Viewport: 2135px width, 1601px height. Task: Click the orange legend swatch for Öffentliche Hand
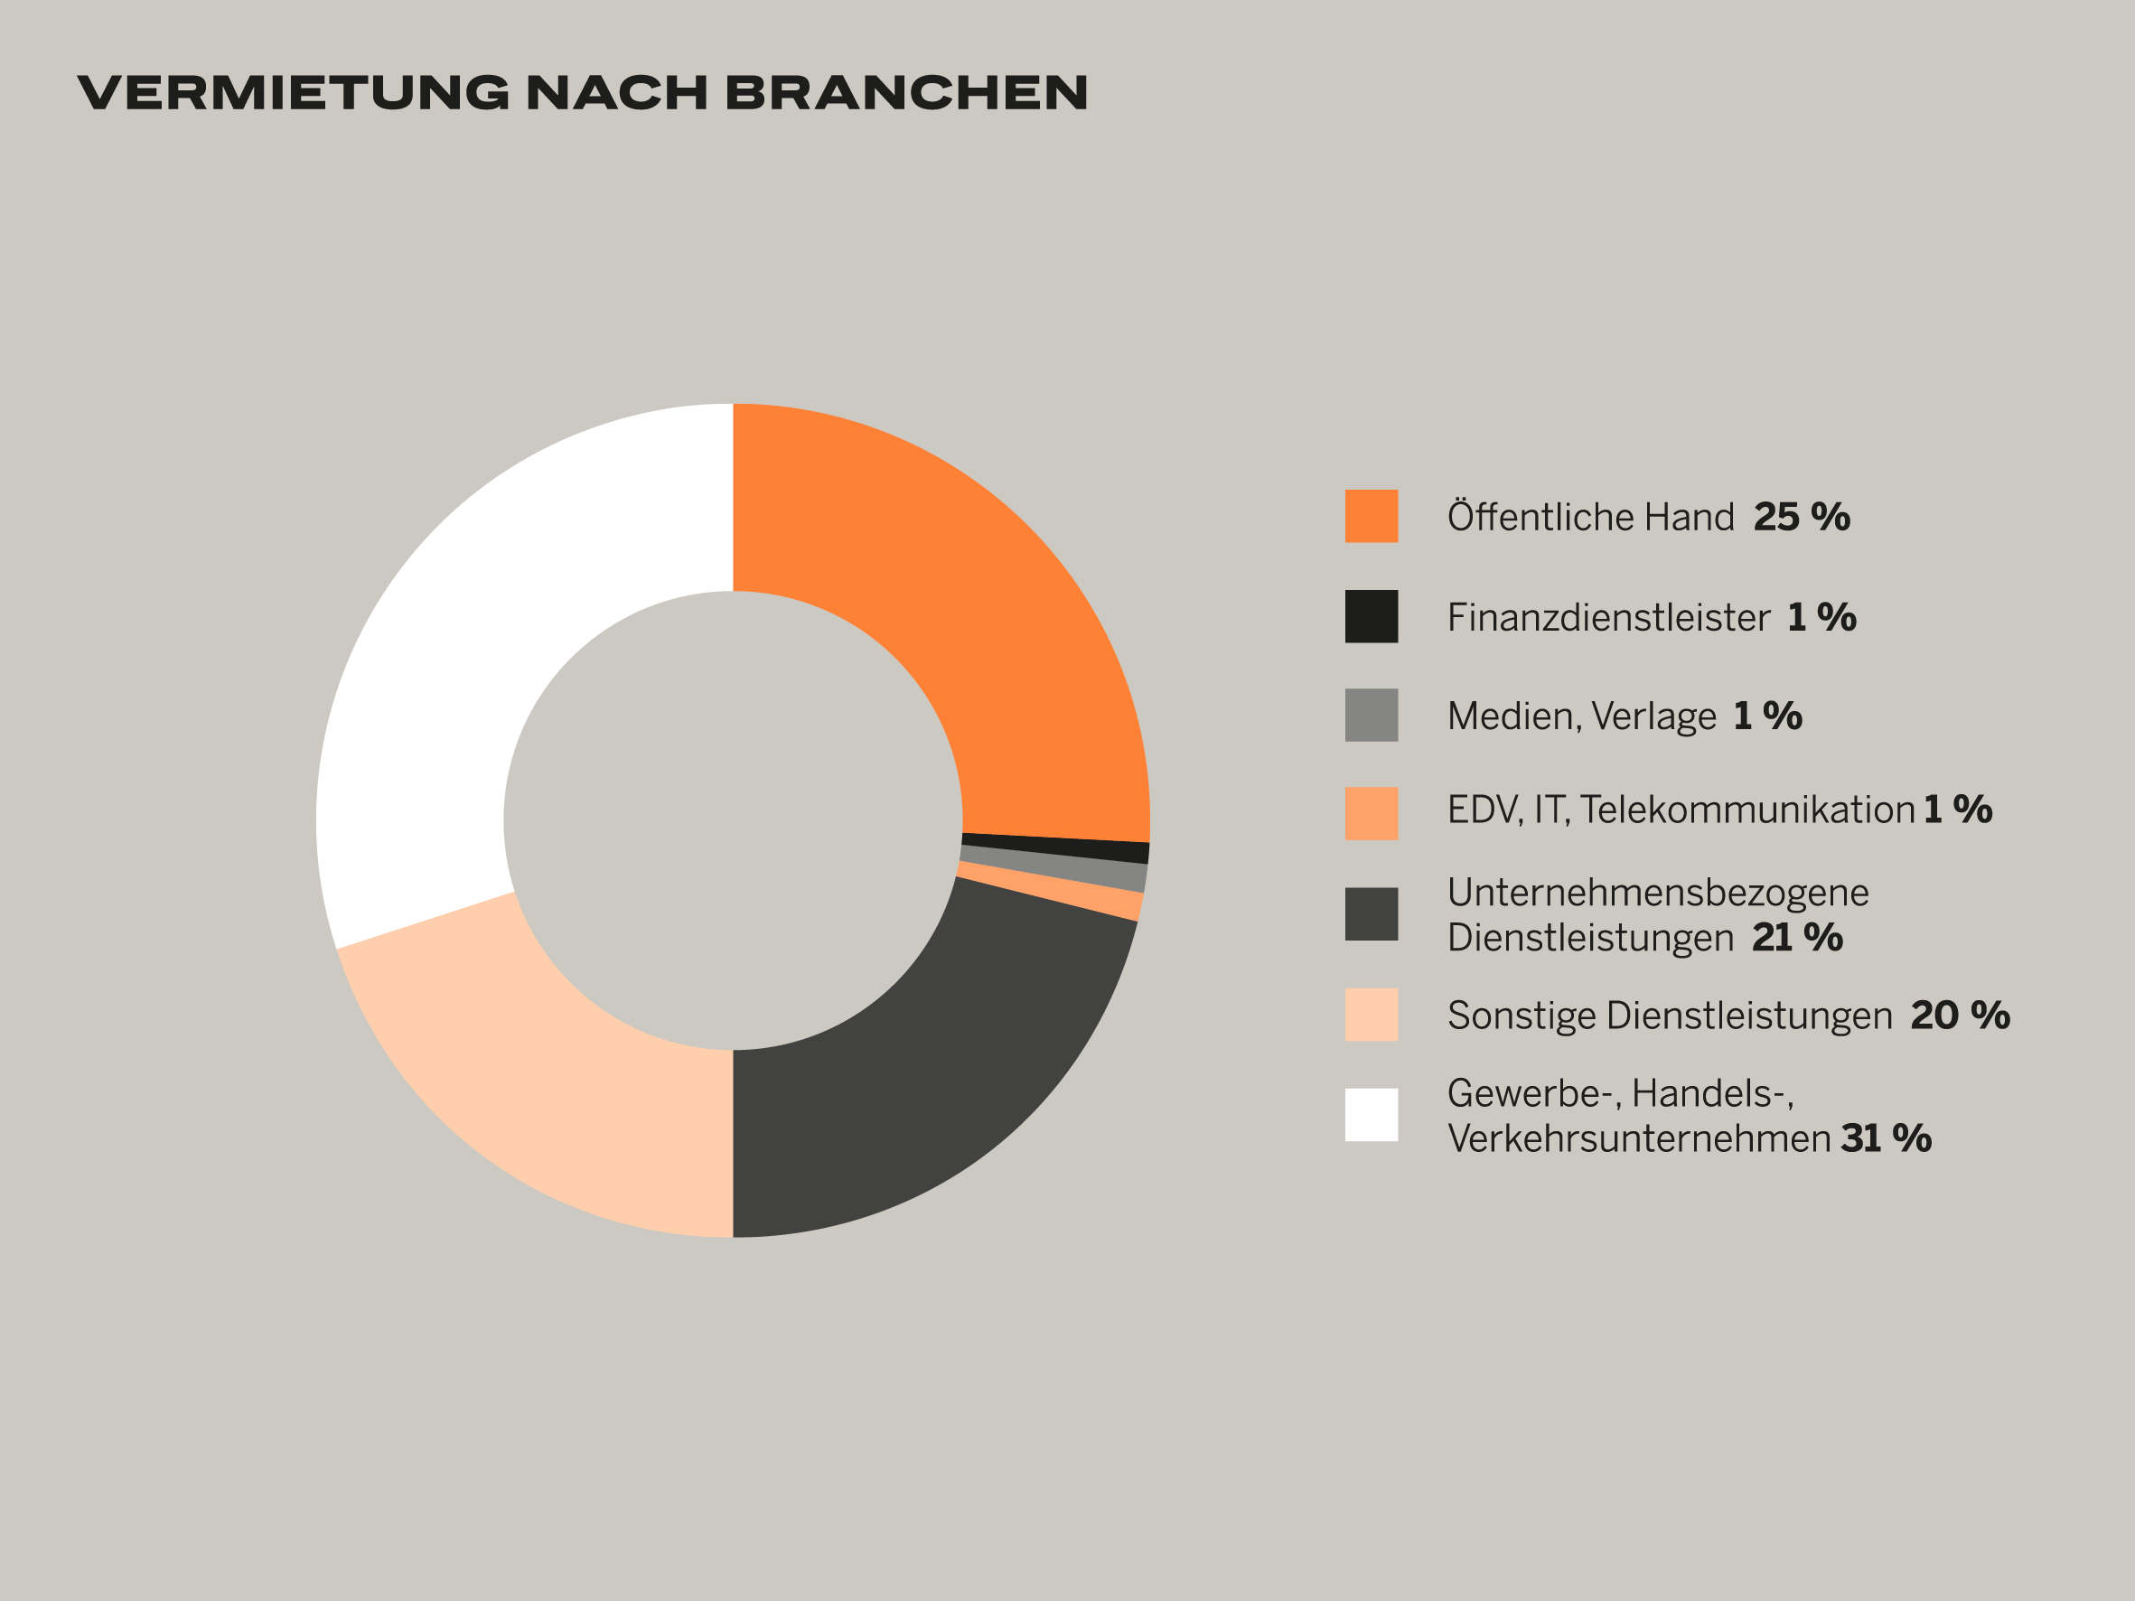tap(1372, 516)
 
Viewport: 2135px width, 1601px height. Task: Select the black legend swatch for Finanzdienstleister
tap(1372, 617)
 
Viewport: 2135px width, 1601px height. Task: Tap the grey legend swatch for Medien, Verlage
tap(1372, 715)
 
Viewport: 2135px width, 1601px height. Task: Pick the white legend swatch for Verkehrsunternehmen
tap(1372, 1115)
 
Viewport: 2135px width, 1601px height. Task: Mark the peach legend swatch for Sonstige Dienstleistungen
tap(1372, 1015)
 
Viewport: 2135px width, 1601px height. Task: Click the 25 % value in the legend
tap(1801, 518)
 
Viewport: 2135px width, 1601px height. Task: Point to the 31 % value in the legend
tap(1886, 1138)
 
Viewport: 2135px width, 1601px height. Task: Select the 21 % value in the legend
tap(1797, 938)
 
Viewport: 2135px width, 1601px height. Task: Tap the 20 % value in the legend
tap(1961, 1016)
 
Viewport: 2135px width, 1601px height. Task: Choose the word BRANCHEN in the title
tap(906, 93)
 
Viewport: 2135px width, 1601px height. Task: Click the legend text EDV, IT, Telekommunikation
tap(1681, 810)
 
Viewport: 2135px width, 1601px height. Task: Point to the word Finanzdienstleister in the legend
tap(1608, 618)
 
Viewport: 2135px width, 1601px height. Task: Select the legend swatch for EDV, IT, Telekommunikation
tap(1372, 813)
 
